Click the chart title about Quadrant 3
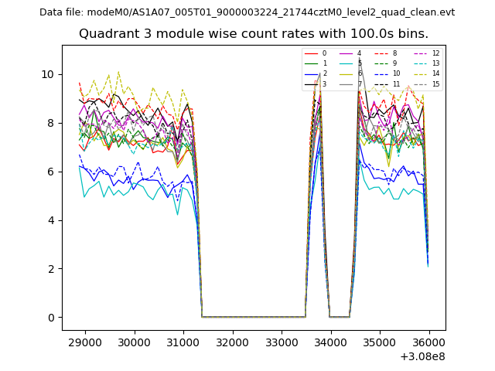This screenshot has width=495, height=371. (254, 34)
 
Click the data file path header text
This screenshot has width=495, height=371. (247, 12)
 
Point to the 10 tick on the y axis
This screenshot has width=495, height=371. (49, 74)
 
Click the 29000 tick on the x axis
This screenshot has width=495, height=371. (84, 342)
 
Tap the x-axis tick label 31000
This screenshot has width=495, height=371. (183, 342)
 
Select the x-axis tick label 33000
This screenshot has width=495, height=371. (282, 342)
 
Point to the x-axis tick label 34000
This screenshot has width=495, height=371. (330, 342)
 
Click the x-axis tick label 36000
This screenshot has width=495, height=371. (429, 342)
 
